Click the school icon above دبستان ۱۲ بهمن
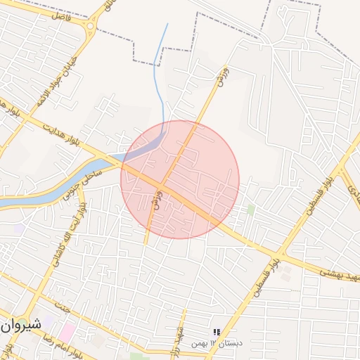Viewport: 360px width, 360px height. [217, 332]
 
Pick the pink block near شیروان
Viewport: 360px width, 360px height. [67, 330]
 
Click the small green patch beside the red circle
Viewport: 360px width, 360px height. [250, 210]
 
